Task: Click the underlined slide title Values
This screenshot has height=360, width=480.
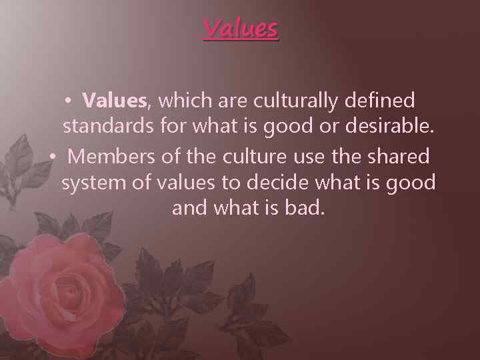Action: tap(240, 29)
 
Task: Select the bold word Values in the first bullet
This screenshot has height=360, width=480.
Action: tap(114, 101)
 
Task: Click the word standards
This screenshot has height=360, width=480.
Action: tap(107, 127)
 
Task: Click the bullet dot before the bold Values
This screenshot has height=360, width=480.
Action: tap(68, 101)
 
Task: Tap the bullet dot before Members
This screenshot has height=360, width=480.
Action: tap(53, 157)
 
